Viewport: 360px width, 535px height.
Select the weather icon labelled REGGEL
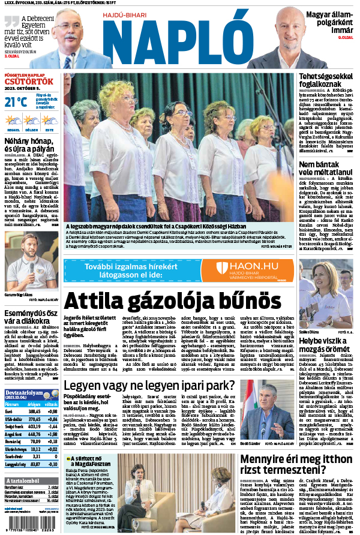(x=13, y=122)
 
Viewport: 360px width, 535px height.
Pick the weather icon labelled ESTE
(x=49, y=122)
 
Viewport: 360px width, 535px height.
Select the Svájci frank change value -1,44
(x=51, y=426)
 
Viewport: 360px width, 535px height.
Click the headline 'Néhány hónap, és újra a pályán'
(x=30, y=144)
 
